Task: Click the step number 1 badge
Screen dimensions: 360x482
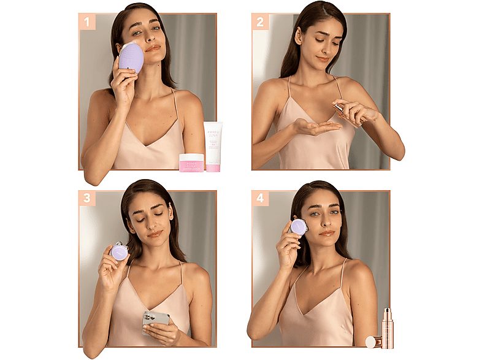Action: click(87, 23)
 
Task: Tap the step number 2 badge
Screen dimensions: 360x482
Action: click(260, 23)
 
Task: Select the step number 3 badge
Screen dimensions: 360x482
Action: click(87, 198)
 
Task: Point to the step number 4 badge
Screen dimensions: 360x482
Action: click(260, 198)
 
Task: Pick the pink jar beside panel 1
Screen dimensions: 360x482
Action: click(191, 163)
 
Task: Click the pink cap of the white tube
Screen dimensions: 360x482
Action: click(213, 167)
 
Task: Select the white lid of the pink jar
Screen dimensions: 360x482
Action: click(191, 157)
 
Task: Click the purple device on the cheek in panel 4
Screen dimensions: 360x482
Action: click(299, 228)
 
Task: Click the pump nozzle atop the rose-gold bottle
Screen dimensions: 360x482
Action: click(387, 312)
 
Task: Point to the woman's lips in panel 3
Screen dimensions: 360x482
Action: click(155, 234)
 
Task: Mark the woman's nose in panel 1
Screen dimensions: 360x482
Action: click(151, 39)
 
